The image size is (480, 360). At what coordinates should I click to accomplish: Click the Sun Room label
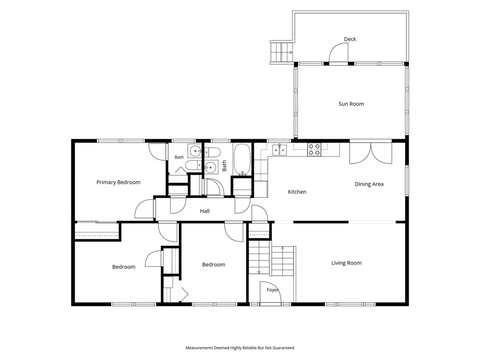[351, 104]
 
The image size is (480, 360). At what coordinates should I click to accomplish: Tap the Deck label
[350, 39]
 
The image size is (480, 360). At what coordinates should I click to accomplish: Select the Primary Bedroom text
[118, 182]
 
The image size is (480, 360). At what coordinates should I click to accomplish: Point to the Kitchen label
[297, 192]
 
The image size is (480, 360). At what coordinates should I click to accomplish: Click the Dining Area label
[369, 184]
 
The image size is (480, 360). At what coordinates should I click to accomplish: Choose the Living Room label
[346, 263]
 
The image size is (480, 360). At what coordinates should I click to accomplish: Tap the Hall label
[205, 211]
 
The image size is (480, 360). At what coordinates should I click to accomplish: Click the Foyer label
[272, 290]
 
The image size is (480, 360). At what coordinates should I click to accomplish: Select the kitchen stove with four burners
[314, 150]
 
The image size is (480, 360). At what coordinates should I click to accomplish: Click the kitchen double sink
[280, 150]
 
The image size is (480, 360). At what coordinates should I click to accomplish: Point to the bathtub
[242, 160]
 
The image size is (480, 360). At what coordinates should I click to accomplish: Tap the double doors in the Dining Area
[371, 152]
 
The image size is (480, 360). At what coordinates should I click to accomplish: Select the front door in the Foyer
[270, 292]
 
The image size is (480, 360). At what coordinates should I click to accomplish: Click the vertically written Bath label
[225, 165]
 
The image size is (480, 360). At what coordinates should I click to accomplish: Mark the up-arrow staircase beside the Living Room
[283, 261]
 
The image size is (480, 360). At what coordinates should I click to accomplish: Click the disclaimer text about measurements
[240, 348]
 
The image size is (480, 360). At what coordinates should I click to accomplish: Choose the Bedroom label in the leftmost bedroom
[124, 267]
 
